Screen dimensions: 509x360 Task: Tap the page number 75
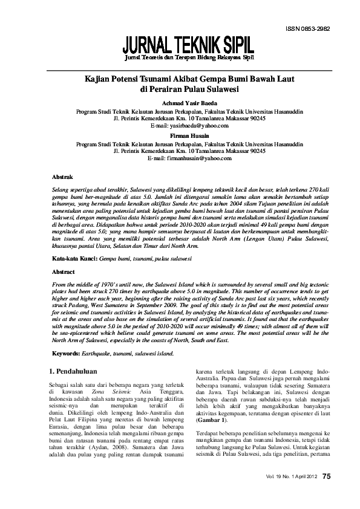point(326,476)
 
